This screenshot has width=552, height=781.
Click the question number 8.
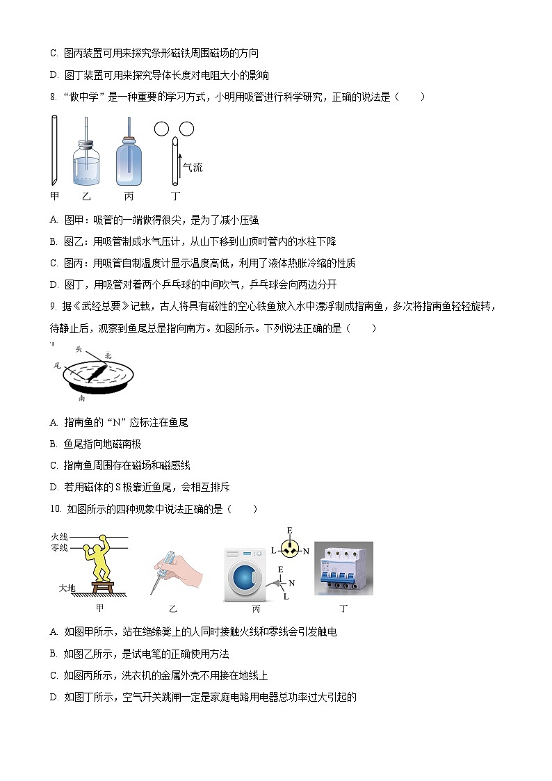[53, 97]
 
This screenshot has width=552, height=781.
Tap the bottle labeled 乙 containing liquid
[86, 162]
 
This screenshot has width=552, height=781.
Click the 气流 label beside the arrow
[192, 168]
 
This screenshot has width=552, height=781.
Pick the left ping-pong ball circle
[161, 129]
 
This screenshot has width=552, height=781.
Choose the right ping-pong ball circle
[186, 129]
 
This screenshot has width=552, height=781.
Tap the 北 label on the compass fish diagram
[107, 355]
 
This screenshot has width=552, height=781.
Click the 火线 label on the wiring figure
[60, 536]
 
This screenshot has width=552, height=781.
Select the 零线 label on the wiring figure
[60, 548]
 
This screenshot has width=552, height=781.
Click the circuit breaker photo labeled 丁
[343, 568]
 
